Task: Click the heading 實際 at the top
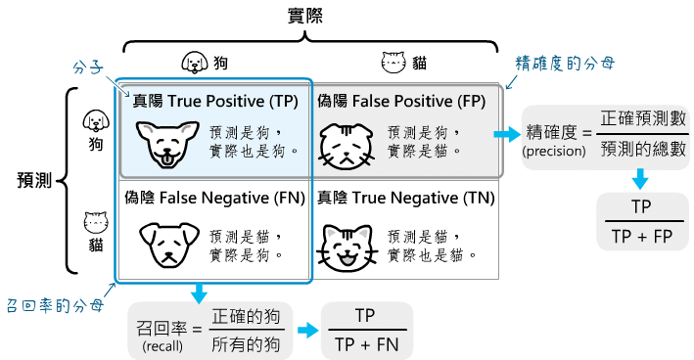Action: click(x=306, y=16)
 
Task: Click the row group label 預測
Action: click(x=35, y=180)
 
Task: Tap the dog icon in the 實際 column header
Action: click(x=196, y=64)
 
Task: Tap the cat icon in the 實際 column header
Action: click(x=393, y=64)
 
